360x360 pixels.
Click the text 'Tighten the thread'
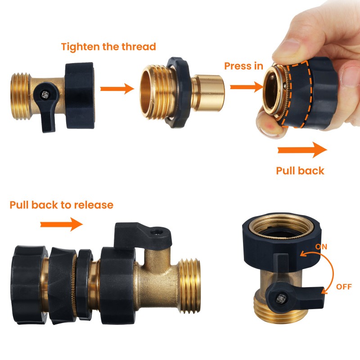coord(108,47)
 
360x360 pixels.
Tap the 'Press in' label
coord(243,66)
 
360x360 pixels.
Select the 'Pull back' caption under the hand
coord(300,171)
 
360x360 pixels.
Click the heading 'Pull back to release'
coord(62,205)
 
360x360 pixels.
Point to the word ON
coord(321,247)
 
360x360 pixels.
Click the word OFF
coord(344,287)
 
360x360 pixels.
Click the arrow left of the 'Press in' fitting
coord(247,87)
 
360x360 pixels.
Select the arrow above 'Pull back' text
coord(302,150)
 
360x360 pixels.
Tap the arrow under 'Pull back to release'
coord(62,224)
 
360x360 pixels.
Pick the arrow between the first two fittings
coord(117,89)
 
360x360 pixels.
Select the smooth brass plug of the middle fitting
coord(208,93)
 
